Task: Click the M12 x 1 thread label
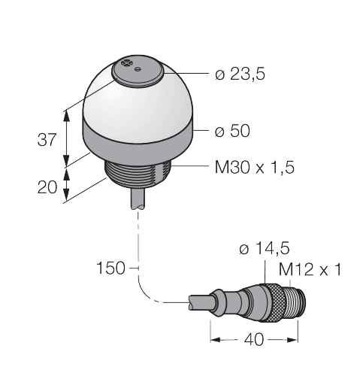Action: pos(309,269)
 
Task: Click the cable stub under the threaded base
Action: pos(138,200)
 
